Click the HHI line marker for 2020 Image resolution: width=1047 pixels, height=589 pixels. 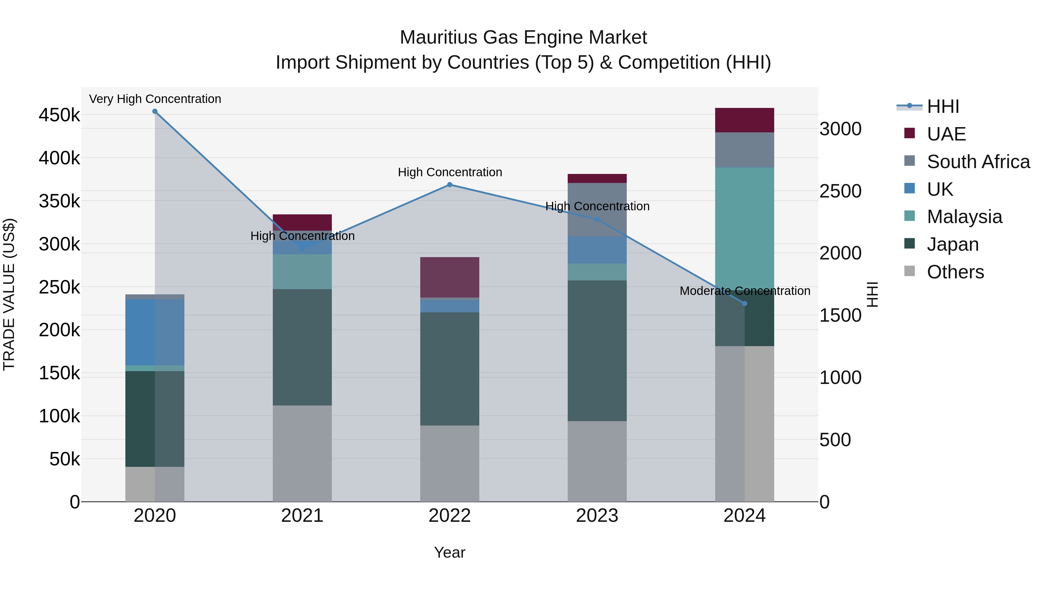pyautogui.click(x=155, y=111)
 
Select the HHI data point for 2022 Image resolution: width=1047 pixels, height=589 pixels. pyautogui.click(x=450, y=184)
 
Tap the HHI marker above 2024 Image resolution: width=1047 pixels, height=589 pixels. pyautogui.click(x=745, y=303)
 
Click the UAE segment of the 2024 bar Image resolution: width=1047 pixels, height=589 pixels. pyautogui.click(x=745, y=120)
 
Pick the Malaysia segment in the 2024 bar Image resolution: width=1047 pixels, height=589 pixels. pyautogui.click(x=745, y=228)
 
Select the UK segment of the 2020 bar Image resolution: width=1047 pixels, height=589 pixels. pyautogui.click(x=155, y=332)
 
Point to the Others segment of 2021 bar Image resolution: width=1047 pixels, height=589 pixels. pyautogui.click(x=302, y=453)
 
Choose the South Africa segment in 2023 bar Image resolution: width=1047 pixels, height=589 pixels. pyautogui.click(x=597, y=210)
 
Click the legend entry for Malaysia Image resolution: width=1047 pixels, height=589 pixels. pyautogui.click(x=964, y=217)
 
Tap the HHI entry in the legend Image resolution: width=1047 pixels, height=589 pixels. pyautogui.click(x=943, y=106)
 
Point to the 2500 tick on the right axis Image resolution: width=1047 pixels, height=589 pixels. pyautogui.click(x=841, y=191)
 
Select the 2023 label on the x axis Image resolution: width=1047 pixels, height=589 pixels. pyautogui.click(x=597, y=516)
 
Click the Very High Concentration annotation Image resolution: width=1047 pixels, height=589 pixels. pyautogui.click(x=155, y=99)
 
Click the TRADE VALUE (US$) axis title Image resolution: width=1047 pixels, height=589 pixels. pyautogui.click(x=9, y=294)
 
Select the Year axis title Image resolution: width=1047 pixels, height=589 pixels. pyautogui.click(x=450, y=552)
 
